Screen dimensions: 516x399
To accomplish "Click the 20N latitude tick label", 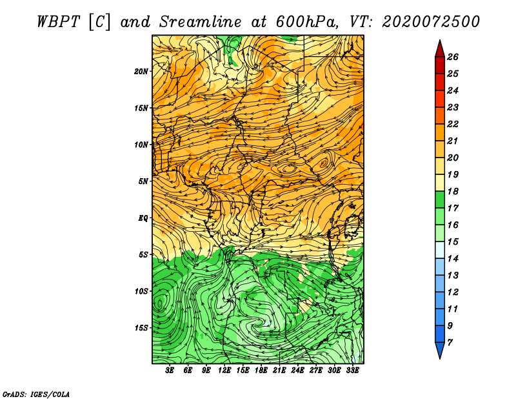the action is (141, 71).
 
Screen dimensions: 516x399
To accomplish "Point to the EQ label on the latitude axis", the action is (143, 218).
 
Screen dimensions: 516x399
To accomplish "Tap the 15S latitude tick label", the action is (141, 328).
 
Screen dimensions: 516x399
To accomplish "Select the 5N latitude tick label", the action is (143, 181).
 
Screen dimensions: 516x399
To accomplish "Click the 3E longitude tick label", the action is (170, 370).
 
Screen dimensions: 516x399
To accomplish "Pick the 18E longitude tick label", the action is (261, 370).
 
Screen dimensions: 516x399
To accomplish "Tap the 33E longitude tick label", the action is (352, 370).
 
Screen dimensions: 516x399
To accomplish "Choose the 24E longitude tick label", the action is (297, 370).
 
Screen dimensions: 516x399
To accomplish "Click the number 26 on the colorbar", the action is (453, 57).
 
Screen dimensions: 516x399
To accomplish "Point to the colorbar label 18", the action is (453, 191).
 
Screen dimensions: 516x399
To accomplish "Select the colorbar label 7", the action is (450, 343).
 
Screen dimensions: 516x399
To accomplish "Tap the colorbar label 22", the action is (453, 124).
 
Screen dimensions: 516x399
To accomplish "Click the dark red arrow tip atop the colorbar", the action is (440, 40).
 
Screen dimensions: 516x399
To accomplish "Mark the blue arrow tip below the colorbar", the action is (440, 358).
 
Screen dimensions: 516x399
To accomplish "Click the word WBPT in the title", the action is (58, 22).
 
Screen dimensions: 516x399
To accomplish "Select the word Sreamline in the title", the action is (201, 22).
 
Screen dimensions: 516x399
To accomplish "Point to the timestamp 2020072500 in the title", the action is (431, 22).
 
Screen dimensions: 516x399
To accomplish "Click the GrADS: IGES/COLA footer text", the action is (36, 394).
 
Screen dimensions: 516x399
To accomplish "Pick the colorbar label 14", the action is (453, 259).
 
